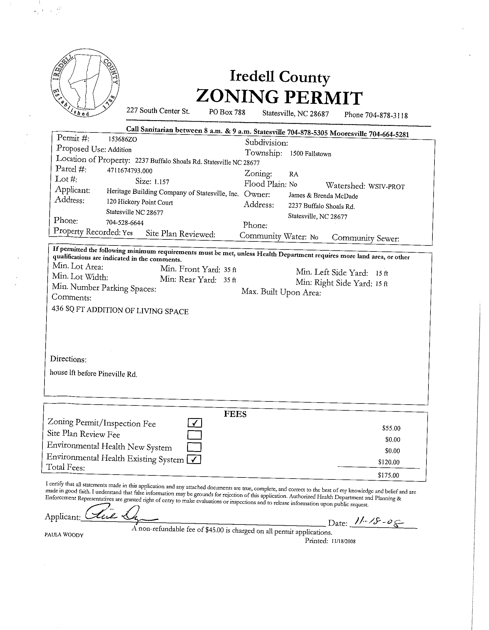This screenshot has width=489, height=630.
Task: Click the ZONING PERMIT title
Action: click(279, 97)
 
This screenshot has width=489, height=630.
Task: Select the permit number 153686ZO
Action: click(123, 139)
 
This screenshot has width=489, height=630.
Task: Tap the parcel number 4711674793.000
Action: click(130, 171)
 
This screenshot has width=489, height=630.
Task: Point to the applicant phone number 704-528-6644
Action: click(125, 223)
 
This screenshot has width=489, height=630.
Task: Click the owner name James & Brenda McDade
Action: click(323, 196)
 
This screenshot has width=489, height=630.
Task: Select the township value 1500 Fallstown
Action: click(310, 154)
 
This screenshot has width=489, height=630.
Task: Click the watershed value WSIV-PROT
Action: click(387, 186)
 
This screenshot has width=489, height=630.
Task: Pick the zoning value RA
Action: click(293, 174)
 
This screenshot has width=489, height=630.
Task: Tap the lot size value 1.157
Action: click(162, 182)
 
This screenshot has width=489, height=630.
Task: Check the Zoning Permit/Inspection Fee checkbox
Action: click(195, 423)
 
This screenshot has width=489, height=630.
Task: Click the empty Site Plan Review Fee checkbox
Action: click(194, 435)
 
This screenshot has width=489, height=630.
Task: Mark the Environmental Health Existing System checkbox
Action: click(194, 459)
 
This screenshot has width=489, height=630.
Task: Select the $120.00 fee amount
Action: click(389, 462)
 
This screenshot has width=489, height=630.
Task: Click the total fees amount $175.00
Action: click(388, 475)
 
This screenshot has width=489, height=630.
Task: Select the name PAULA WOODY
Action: click(64, 535)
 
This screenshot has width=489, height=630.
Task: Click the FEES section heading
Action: click(235, 415)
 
